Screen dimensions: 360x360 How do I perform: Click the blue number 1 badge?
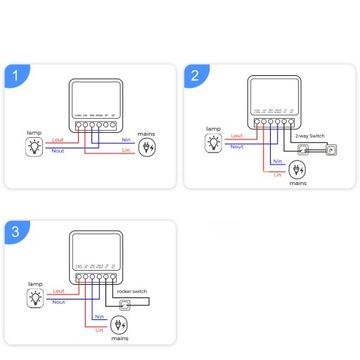[15, 76]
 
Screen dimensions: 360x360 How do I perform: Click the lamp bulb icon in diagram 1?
[33, 147]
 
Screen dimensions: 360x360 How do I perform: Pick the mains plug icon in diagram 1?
[149, 147]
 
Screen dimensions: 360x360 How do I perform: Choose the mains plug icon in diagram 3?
[118, 325]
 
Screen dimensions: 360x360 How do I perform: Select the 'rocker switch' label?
[132, 291]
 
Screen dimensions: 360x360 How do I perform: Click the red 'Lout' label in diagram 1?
[57, 140]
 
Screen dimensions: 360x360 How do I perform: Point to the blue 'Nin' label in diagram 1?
[125, 140]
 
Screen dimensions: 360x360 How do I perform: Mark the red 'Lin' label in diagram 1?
[125, 152]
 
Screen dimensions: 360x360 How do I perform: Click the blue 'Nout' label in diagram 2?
[237, 146]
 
